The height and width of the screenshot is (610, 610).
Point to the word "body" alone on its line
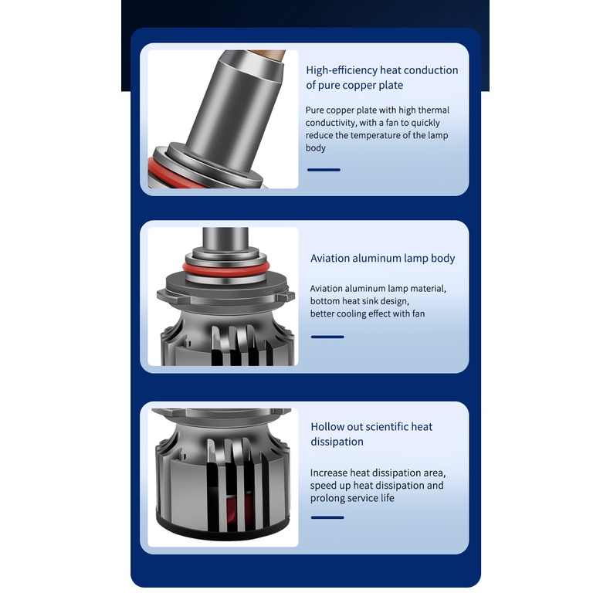coord(316,147)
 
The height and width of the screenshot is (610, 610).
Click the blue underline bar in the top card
coord(324,170)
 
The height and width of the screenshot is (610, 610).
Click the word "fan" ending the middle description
coord(418,313)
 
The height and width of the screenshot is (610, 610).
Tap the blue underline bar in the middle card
coord(327,337)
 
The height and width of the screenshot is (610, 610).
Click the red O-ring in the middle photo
coord(226,269)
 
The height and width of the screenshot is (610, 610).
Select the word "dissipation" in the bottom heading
coord(337,442)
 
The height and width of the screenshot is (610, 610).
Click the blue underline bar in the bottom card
coord(327,517)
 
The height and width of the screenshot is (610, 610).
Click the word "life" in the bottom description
coord(387,498)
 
